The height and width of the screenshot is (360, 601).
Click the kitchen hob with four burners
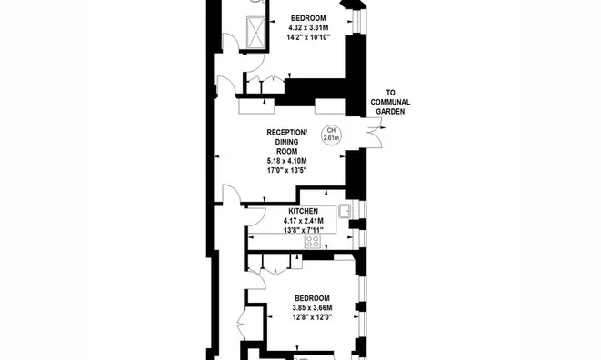(313, 242)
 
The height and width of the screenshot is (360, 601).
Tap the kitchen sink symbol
(345, 211)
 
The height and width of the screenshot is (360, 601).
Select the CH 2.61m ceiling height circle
(331, 135)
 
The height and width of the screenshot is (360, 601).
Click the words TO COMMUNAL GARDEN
(390, 102)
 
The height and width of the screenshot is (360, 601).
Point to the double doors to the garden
(374, 133)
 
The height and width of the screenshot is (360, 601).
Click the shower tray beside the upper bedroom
(255, 32)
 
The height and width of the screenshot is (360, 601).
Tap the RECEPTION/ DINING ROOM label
(286, 142)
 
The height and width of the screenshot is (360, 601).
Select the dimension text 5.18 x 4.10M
(286, 161)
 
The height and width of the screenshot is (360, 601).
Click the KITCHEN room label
(303, 211)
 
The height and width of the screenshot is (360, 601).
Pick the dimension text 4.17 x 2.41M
(303, 221)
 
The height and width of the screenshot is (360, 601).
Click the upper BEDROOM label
(308, 18)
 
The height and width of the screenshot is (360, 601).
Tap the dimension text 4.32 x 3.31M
(308, 27)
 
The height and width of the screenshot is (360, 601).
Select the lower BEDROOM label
(312, 298)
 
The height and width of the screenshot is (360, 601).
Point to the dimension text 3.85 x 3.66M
(312, 308)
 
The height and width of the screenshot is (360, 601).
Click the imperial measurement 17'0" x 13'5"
(286, 170)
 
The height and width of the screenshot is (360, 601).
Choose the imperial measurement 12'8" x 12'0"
(312, 317)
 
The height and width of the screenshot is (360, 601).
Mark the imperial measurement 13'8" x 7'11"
(303, 230)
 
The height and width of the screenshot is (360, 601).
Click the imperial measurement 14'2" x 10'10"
(308, 37)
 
